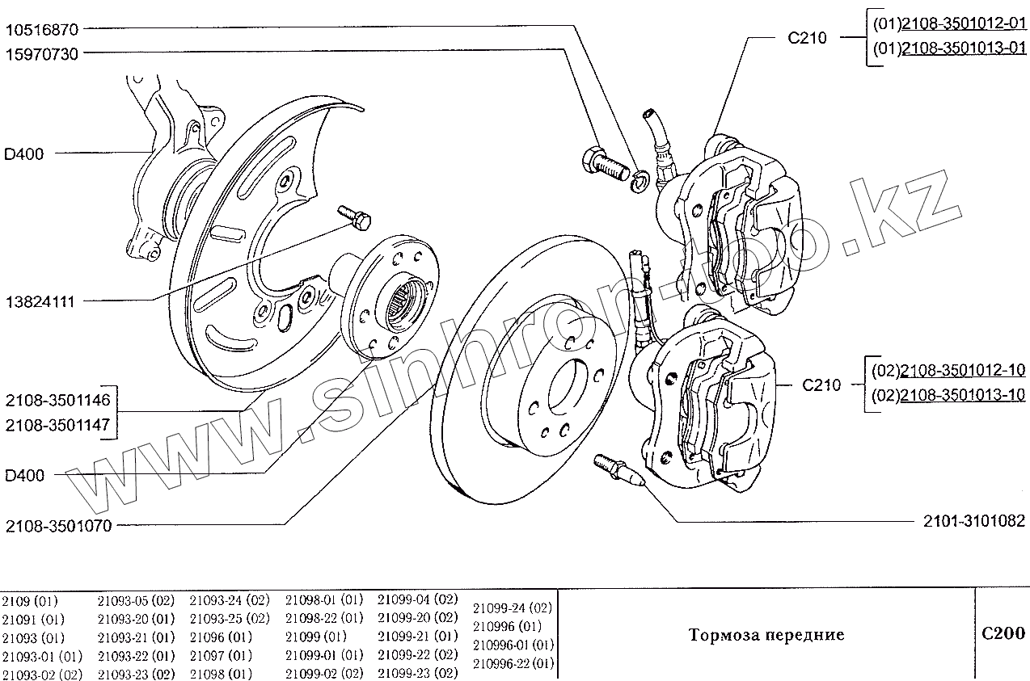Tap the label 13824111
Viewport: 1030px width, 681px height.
pos(40,301)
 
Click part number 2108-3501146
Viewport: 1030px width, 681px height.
pos(62,401)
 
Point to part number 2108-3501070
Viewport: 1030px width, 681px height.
pos(58,526)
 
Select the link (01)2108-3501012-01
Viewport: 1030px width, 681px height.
pos(949,25)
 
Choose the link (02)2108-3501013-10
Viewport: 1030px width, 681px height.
pos(949,395)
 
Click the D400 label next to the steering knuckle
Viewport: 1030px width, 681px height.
pos(24,153)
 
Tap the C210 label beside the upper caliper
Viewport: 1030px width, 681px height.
pos(807,37)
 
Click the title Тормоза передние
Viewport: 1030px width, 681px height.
pos(766,635)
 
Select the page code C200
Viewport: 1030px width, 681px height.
pos(1003,633)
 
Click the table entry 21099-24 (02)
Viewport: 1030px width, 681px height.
pos(512,608)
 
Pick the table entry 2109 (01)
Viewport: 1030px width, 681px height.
pos(30,601)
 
